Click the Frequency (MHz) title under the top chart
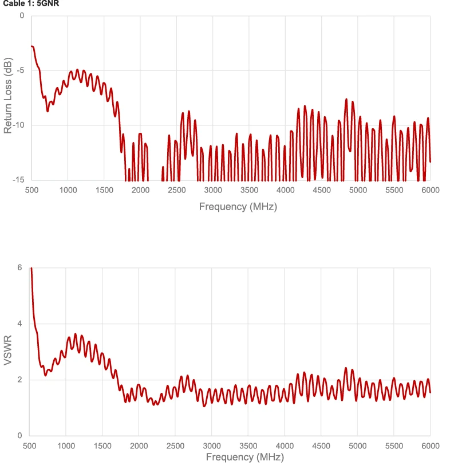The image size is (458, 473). tap(238, 207)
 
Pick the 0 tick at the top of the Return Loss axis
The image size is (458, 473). tap(22, 15)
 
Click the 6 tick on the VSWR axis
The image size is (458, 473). tap(19, 267)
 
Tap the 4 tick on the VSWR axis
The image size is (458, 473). tap(19, 324)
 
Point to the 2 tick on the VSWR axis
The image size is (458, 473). tap(19, 380)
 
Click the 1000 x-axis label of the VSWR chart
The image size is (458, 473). tap(66, 446)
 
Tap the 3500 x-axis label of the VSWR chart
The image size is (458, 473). tap(249, 446)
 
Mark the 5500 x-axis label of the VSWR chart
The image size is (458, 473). tap(394, 446)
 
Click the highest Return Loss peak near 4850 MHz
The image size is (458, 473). tap(346, 100)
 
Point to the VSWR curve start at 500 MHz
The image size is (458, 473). tap(31, 268)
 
